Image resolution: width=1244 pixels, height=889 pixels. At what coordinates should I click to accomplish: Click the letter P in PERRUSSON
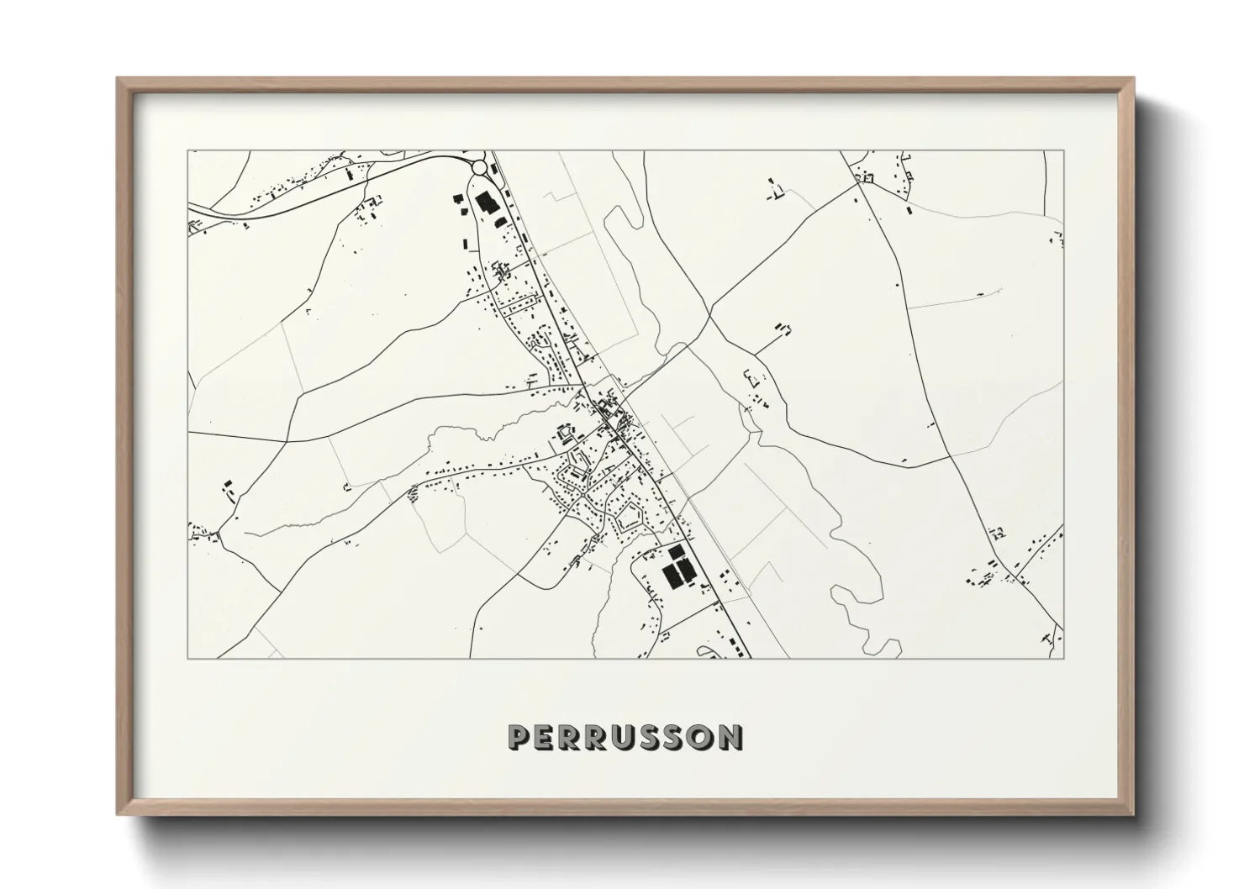click(x=519, y=737)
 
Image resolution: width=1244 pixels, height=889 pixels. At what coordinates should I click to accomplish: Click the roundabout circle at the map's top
click(x=479, y=168)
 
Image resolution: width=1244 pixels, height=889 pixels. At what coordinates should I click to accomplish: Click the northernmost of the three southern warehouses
click(x=676, y=551)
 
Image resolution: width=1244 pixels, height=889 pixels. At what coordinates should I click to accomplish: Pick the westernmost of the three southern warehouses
click(x=671, y=576)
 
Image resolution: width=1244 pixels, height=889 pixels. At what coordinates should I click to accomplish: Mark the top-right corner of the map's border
click(x=1063, y=151)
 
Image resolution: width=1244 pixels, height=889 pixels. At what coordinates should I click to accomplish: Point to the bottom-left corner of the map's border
click(x=187, y=658)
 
